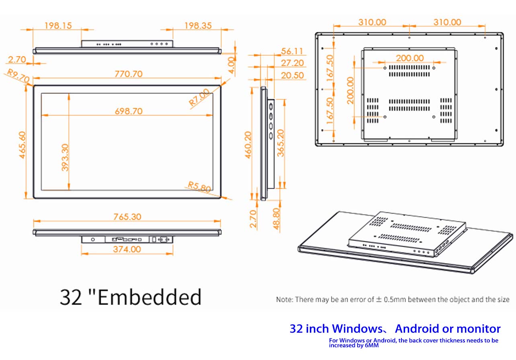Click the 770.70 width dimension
coord(129,74)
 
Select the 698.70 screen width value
coord(129,111)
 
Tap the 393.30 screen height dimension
coord(65,158)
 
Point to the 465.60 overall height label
coord(22,145)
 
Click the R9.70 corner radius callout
coord(18,76)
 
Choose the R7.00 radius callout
coord(199,97)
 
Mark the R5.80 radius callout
coord(199,187)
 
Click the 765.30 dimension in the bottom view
coord(127,217)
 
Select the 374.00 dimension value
coord(127,249)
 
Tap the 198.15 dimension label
coord(58,26)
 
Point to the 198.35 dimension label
coord(198,26)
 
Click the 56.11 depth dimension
coord(292,51)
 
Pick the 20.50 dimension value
coord(292,75)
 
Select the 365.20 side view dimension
coord(281,143)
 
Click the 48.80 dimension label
coord(276,219)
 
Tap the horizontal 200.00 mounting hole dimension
coord(410,58)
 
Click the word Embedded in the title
coord(150,297)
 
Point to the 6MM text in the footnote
coord(372,346)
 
